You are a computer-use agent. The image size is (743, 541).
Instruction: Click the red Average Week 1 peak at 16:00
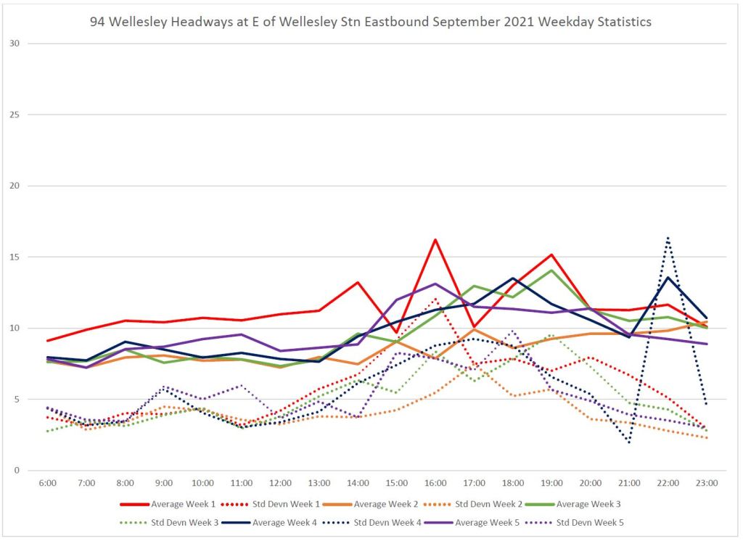435,239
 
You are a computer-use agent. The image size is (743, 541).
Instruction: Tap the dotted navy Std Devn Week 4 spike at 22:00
668,237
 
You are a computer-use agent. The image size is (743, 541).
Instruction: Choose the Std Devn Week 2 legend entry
494,503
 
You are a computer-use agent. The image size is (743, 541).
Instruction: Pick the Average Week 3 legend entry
594,503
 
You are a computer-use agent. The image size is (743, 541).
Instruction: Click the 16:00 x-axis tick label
435,482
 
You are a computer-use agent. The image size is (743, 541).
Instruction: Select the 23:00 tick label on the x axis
707,482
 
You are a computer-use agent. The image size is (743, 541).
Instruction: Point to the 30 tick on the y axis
33,44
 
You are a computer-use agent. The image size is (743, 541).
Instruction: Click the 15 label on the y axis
33,257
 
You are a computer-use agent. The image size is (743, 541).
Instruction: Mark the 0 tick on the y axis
35,471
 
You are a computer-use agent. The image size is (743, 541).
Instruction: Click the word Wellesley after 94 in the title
136,22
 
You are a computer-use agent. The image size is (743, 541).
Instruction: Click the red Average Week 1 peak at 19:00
551,255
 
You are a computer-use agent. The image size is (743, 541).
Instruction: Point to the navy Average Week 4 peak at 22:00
668,277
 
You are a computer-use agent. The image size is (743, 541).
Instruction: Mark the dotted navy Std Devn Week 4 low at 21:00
629,442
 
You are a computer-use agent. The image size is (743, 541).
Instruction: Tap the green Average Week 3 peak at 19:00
551,270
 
